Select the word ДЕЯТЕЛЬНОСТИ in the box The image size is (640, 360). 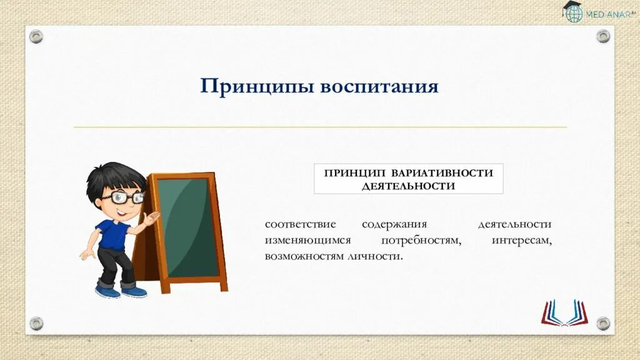408,186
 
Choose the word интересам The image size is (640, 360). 522,241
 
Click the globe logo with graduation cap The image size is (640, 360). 573,12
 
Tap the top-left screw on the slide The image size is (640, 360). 36,36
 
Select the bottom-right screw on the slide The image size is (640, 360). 602,323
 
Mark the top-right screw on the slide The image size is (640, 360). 602,36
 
